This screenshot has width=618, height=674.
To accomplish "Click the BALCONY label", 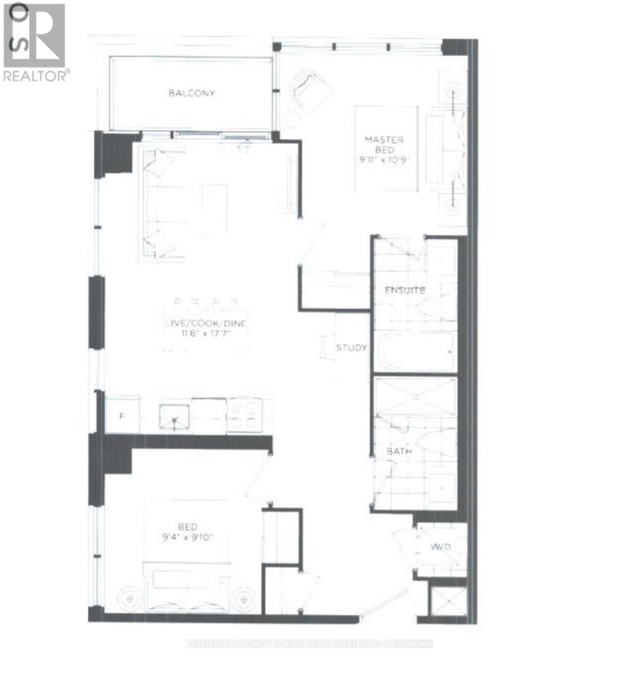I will point(192,93).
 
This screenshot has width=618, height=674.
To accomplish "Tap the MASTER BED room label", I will point(384,144).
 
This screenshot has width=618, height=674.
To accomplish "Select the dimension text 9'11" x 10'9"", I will point(385,160).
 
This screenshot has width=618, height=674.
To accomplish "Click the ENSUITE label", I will point(405,290).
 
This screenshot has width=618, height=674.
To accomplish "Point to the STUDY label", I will point(351,348).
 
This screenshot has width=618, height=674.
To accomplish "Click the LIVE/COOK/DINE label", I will point(206,324).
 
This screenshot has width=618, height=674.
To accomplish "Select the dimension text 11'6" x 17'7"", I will point(206,334).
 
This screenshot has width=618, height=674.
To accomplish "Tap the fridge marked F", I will point(122,416).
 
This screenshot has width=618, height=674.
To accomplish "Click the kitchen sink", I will point(174,416).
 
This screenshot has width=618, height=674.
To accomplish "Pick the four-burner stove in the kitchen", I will point(244,416).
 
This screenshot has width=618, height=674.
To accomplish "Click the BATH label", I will point(399,451).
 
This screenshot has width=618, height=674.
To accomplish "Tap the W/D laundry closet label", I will point(441,547).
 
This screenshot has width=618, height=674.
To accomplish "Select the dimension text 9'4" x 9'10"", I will point(187,537).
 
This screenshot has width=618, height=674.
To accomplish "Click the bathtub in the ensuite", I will point(416,353).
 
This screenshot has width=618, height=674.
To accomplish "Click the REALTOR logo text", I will point(37,75).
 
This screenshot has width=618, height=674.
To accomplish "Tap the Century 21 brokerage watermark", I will point(309,644).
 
